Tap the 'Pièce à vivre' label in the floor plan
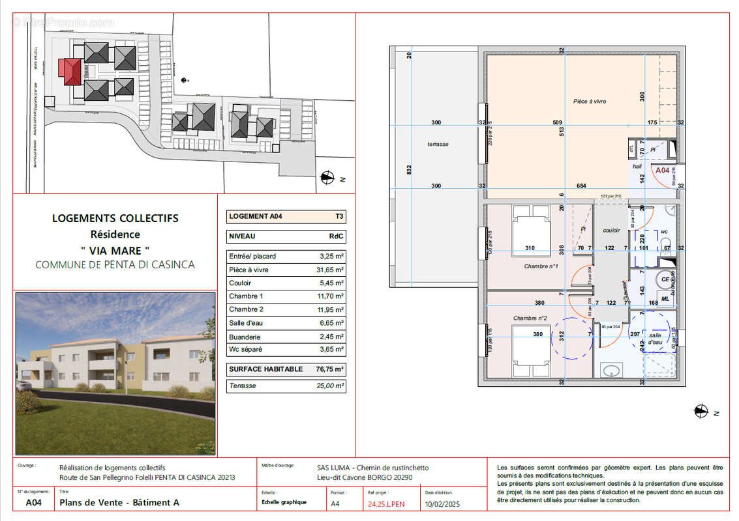[x=590, y=101]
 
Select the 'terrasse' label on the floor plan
[x=438, y=144]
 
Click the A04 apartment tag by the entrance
[x=663, y=170]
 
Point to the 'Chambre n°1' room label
[x=541, y=266]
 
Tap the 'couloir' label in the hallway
[x=611, y=230]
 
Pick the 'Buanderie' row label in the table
[x=245, y=337]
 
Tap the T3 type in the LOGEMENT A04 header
[x=339, y=216]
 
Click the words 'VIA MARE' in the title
[x=115, y=249]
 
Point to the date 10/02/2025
[x=442, y=503]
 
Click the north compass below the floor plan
[x=701, y=410]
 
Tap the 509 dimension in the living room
[x=556, y=122]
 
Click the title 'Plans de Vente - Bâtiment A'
[x=119, y=503]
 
